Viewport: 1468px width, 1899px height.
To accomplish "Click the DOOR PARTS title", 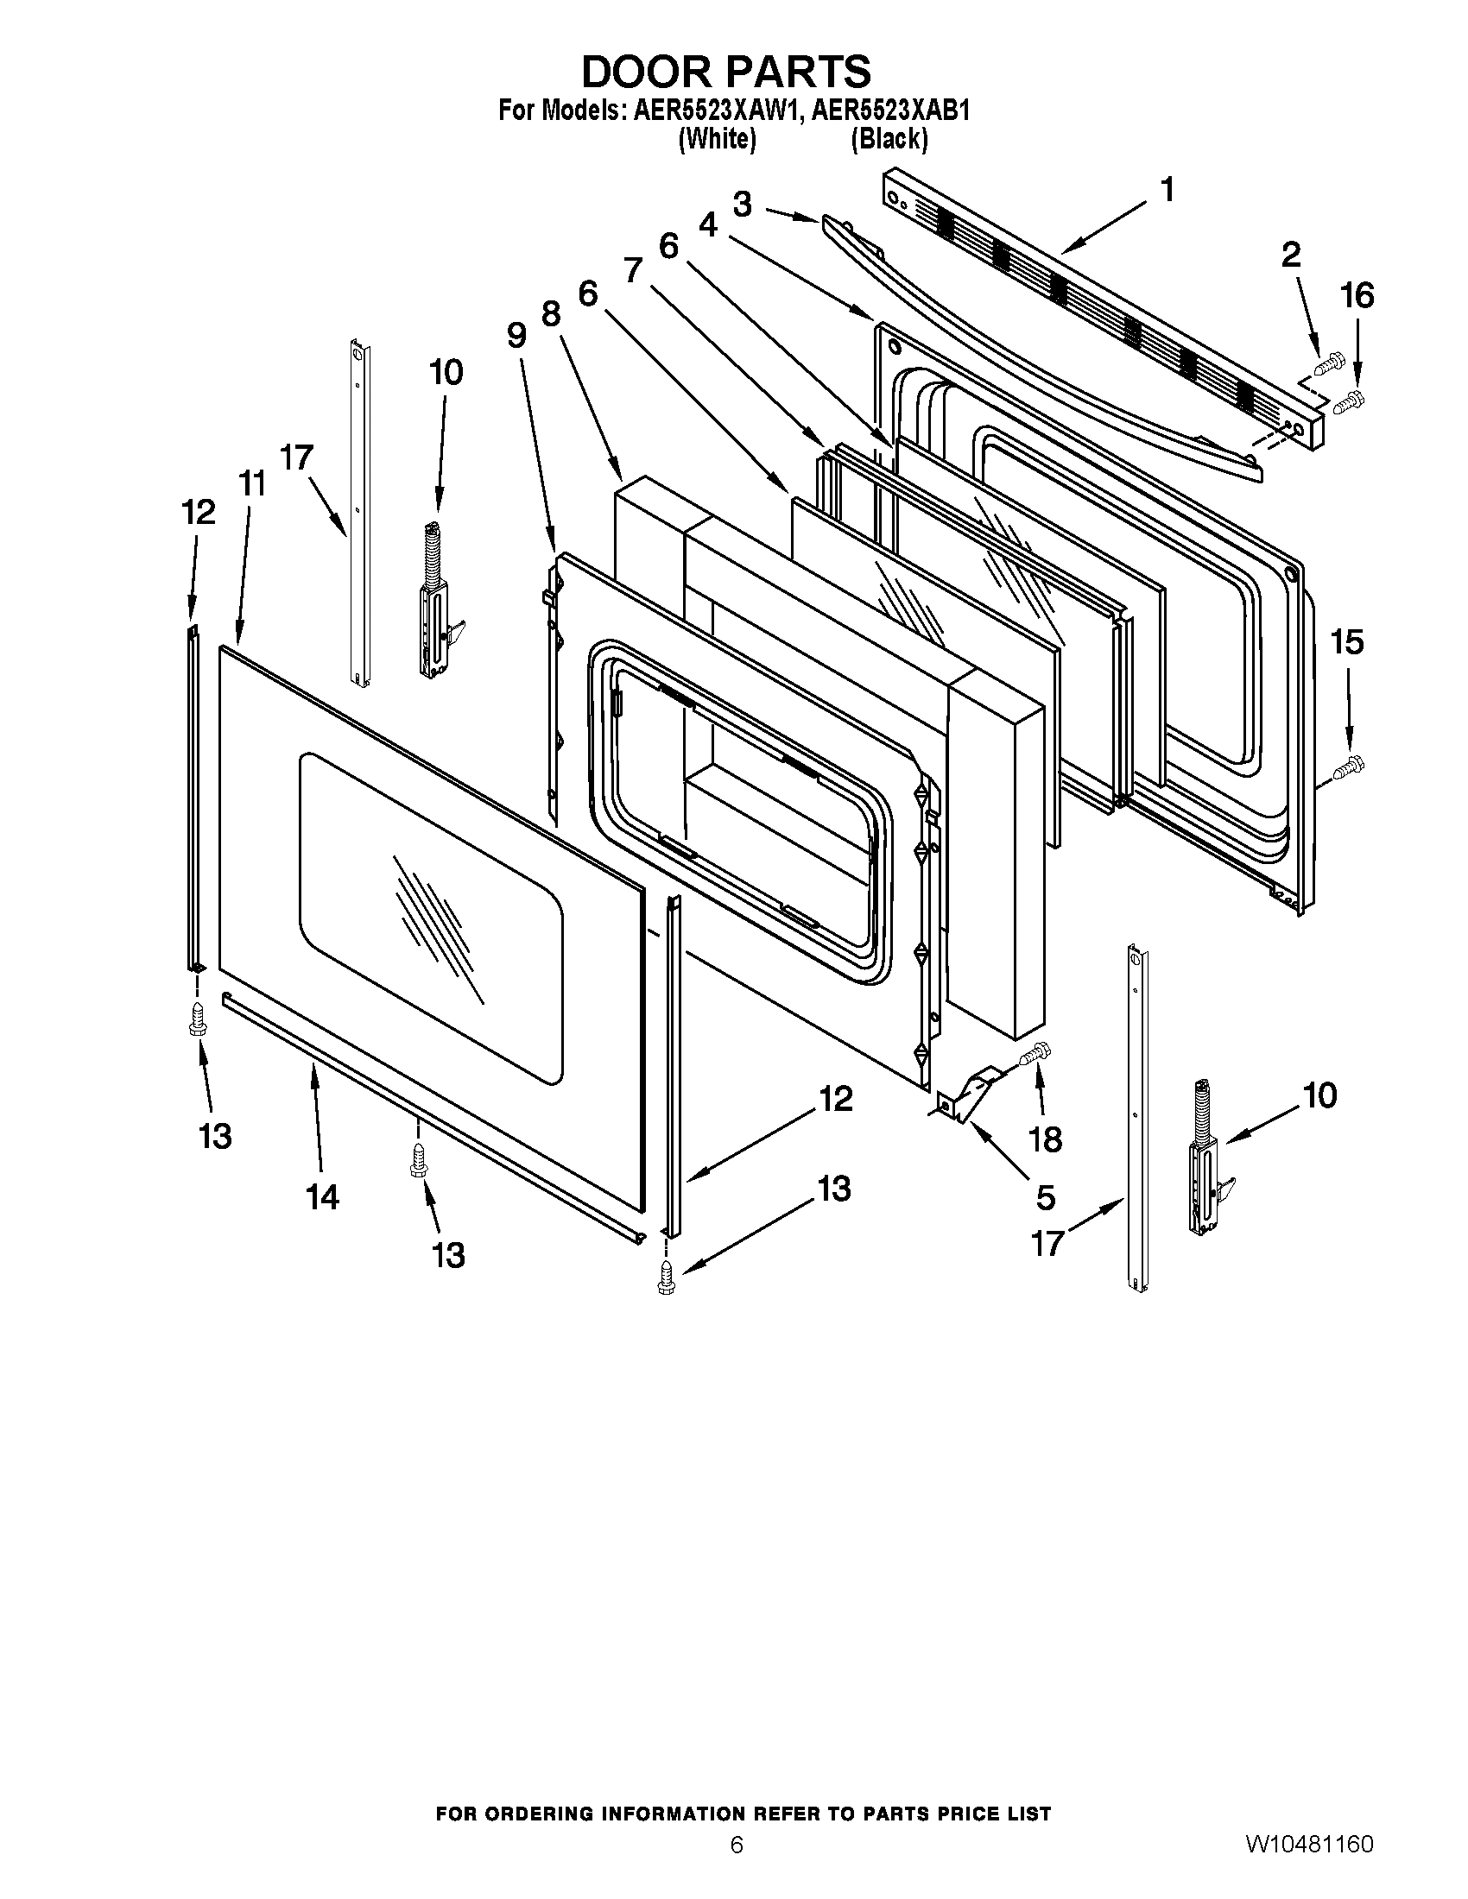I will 725,72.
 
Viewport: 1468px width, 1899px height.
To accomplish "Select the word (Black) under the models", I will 889,138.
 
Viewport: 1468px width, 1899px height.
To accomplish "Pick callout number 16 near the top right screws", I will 1357,296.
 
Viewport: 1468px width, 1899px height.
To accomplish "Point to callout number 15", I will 1347,642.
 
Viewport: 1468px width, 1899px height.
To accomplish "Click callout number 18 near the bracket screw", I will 1046,1139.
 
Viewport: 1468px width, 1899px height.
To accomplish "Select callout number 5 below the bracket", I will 1046,1197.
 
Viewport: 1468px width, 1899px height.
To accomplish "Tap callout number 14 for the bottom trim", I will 322,1197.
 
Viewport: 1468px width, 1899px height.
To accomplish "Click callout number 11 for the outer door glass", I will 252,483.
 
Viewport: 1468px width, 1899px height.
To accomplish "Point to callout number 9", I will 516,335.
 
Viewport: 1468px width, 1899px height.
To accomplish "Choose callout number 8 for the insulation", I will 552,313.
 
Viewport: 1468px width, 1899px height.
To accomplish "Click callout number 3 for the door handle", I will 742,205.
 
